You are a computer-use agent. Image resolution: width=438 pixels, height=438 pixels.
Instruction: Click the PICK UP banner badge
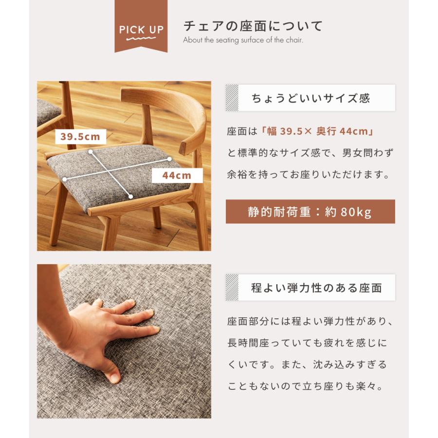coord(142,29)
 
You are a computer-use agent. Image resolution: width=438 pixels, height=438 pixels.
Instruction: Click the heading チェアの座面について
coord(253,25)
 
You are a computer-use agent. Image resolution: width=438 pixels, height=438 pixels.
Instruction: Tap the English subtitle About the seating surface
coord(243,40)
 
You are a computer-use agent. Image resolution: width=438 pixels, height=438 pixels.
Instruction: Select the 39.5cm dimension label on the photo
coord(80,137)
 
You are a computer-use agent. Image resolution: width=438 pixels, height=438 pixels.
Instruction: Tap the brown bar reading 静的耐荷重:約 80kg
coord(310,212)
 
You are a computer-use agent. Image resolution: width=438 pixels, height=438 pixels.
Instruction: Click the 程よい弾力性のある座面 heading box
coord(310,288)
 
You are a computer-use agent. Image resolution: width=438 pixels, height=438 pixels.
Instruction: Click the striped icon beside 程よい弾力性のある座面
coord(232,288)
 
